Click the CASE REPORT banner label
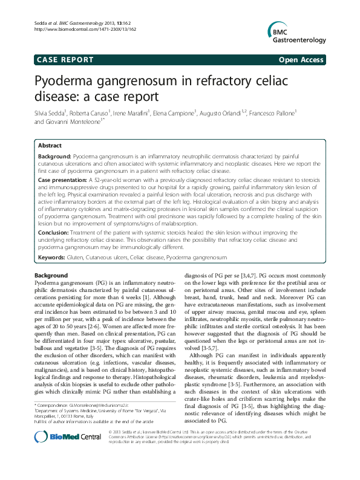(x=57, y=60)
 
